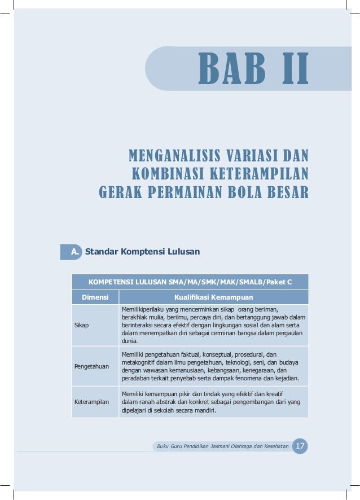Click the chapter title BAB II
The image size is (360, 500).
coord(253,69)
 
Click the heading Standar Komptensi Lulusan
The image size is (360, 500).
coord(142,252)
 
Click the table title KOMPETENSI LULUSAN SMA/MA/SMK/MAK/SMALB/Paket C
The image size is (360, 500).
coord(190,282)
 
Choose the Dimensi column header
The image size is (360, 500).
coord(95,297)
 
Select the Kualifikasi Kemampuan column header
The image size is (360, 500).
coord(213,297)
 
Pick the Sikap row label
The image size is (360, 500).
coord(81,325)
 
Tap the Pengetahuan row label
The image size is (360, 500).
coord(91,366)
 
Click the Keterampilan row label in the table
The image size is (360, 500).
coord(92,402)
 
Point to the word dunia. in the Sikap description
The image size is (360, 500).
coord(130,341)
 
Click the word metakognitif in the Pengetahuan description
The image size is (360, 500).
coord(138,362)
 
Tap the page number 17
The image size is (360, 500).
coord(300,446)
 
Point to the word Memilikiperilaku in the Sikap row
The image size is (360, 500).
coord(142,309)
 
